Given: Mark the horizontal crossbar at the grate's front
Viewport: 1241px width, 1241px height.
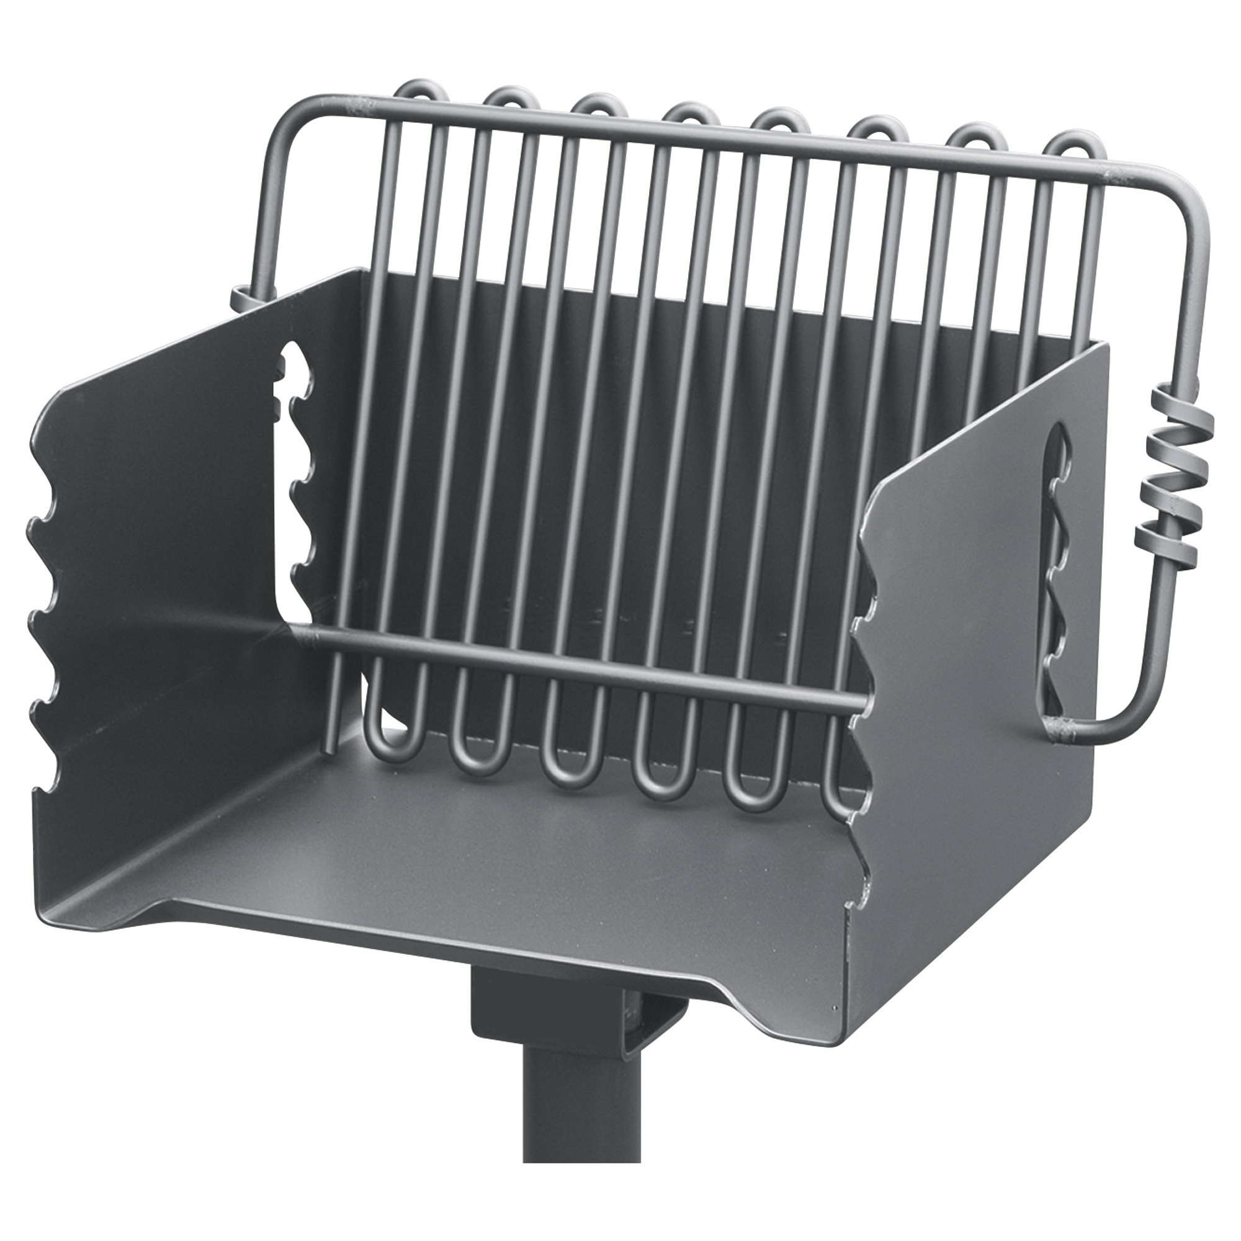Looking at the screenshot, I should (x=578, y=665).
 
